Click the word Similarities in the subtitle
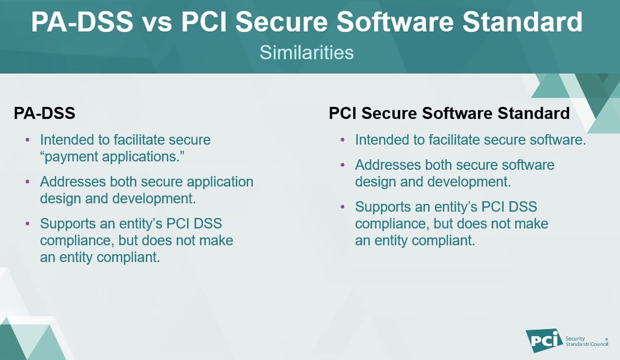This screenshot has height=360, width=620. (x=306, y=52)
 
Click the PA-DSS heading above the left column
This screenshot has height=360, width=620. (x=44, y=113)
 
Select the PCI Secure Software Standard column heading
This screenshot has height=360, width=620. (x=449, y=113)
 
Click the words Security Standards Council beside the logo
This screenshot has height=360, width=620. (x=586, y=341)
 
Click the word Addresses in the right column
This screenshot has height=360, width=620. (x=387, y=165)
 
